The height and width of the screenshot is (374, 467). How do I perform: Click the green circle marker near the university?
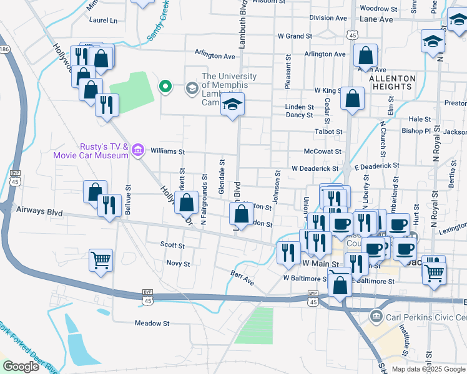165,87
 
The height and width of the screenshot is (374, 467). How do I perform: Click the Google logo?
21,366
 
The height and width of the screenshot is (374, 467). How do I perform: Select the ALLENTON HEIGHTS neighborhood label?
391,84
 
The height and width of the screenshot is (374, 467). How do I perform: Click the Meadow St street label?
152,324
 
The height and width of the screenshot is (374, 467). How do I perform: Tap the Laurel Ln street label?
103,21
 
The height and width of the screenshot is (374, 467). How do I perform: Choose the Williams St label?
168,151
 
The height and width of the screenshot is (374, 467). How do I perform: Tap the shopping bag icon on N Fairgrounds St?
186,203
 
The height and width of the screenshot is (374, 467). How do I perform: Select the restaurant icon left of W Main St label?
288,252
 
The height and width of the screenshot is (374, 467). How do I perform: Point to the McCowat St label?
322,151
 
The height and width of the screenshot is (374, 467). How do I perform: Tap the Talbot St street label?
329,132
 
